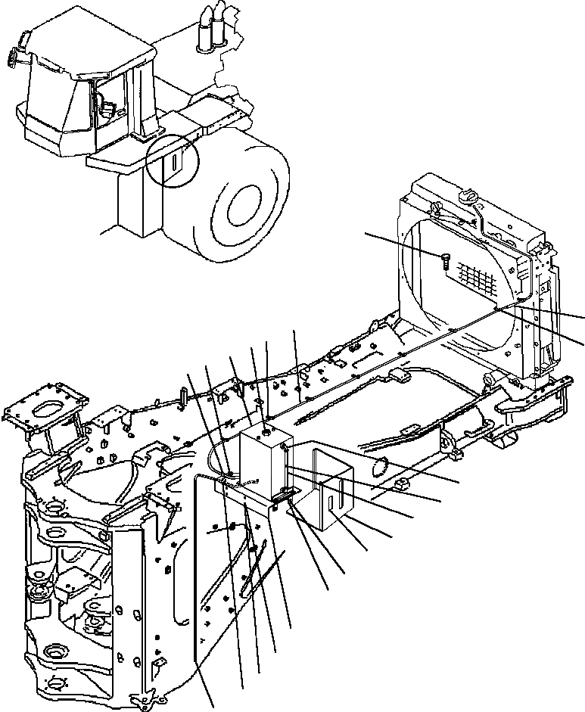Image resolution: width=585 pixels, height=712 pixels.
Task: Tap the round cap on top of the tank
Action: click(x=266, y=434)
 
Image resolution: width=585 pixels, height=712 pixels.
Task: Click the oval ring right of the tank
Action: click(x=381, y=465)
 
